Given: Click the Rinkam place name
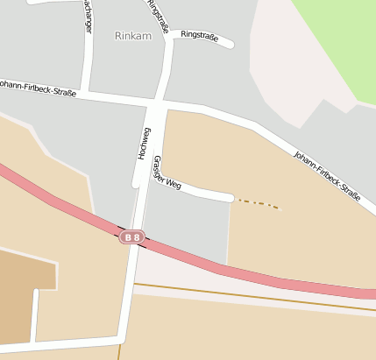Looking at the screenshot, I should pos(132,36).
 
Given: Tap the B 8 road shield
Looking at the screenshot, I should pos(132,236).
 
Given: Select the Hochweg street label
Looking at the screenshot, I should pos(144,143).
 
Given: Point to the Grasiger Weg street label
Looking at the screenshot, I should pos(167,173).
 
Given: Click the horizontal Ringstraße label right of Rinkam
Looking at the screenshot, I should pos(200,34).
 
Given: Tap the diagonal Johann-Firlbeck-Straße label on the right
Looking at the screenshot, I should pos(327,176).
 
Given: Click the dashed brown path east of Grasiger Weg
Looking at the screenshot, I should pos(259,204).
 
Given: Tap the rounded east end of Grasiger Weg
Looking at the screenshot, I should pos(231,198).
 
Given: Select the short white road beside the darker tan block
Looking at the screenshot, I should pos(34,315).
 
